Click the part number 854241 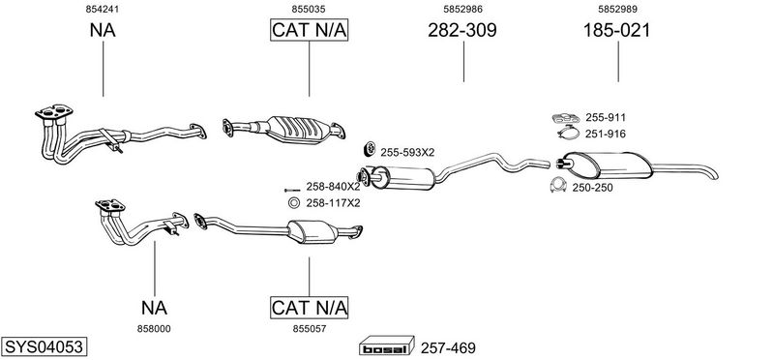click(103, 9)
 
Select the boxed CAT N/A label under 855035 click(309, 30)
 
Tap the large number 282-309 click(462, 31)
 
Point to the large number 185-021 click(616, 31)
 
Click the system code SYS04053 click(44, 346)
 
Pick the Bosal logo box click(386, 345)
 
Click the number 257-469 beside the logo click(448, 348)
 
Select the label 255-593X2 click(407, 152)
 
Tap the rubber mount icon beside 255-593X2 click(370, 148)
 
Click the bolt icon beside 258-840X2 click(292, 190)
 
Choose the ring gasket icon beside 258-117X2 click(293, 202)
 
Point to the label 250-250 click(592, 188)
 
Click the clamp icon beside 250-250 click(558, 184)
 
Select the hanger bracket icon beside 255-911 click(566, 118)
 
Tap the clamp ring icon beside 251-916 click(568, 133)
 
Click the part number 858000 click(154, 328)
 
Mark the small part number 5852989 click(617, 9)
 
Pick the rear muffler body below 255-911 click(608, 165)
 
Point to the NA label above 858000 click(154, 308)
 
